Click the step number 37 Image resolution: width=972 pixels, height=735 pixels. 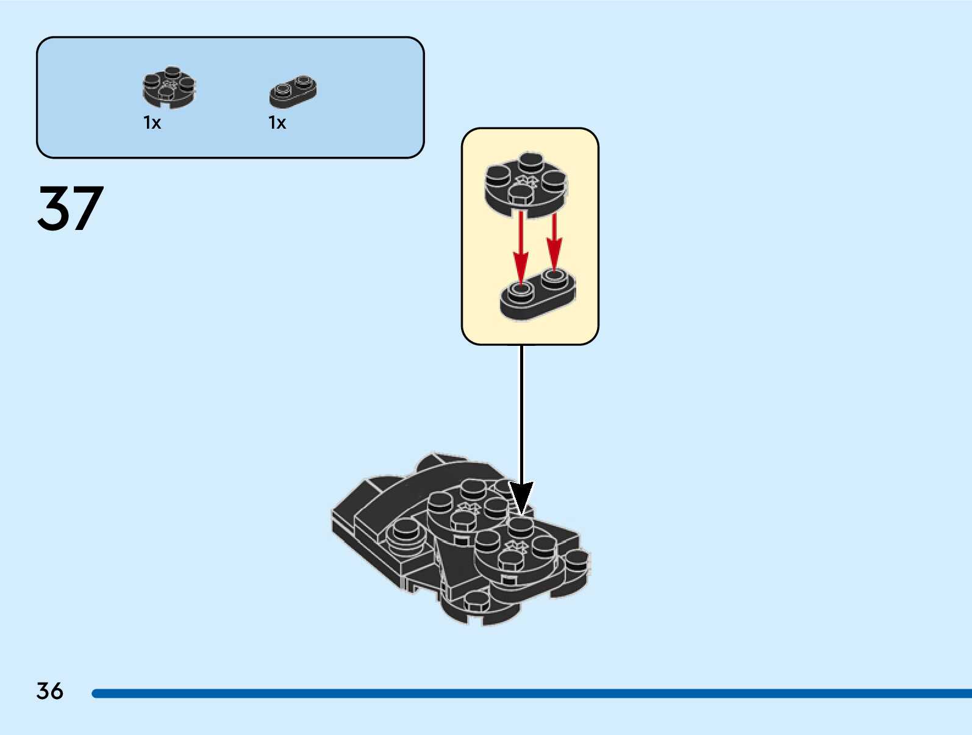pos(70,209)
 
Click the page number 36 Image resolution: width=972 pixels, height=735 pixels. pos(49,691)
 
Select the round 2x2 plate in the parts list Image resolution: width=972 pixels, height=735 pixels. pos(169,88)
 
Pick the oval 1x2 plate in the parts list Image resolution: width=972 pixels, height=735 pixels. pos(293,92)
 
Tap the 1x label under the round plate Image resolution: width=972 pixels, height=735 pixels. pos(152,123)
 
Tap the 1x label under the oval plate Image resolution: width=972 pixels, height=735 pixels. pos(277,123)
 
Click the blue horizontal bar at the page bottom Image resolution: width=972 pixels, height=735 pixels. pos(531,694)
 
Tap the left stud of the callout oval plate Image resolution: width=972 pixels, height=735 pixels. pos(520,290)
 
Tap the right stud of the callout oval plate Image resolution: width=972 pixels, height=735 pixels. pos(554,277)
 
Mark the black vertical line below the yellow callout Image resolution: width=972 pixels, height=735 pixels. pos(521,415)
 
